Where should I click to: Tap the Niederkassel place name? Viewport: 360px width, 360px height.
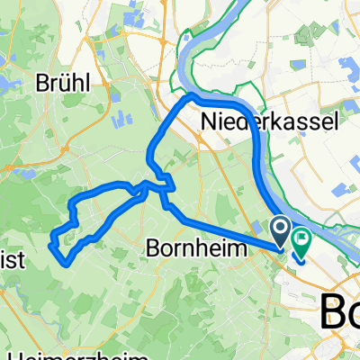point(256,121)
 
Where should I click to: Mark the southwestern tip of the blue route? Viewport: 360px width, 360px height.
point(63,262)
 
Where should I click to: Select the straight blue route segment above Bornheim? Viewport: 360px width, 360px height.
point(225,229)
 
